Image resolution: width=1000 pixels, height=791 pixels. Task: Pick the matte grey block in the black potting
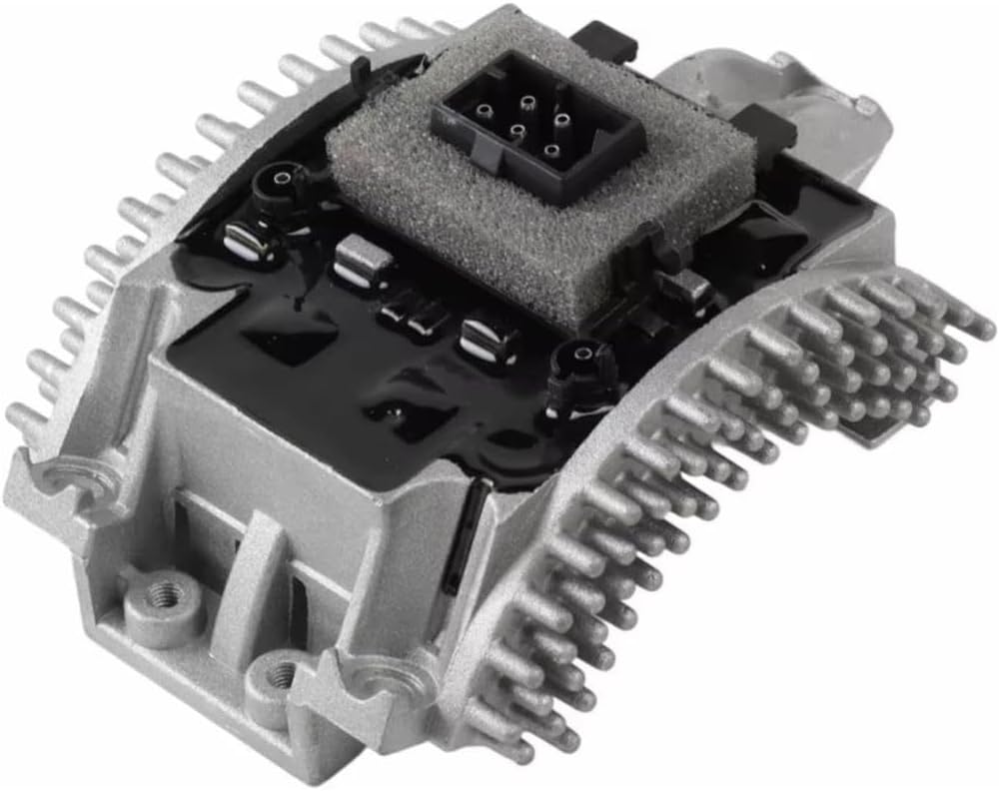[x=362, y=261]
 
